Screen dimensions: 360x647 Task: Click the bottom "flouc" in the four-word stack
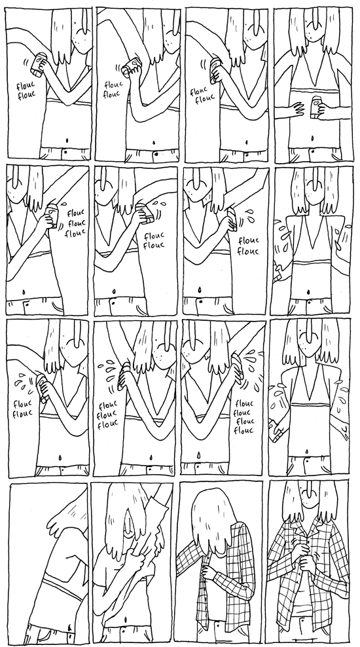click(243, 431)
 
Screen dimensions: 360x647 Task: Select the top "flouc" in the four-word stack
click(243, 403)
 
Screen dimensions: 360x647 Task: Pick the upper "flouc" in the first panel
click(26, 86)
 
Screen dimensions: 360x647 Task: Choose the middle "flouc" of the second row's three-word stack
click(75, 223)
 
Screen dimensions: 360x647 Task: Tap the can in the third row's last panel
click(276, 430)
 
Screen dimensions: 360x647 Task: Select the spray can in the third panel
click(215, 70)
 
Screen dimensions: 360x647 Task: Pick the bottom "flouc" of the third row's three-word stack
click(107, 424)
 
